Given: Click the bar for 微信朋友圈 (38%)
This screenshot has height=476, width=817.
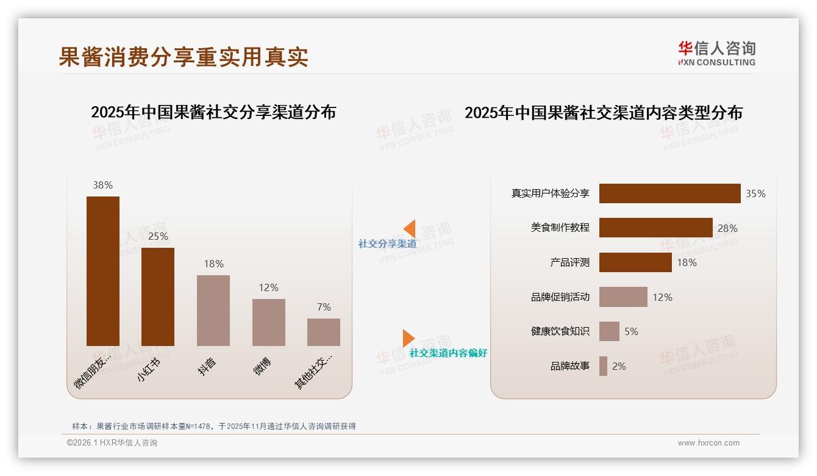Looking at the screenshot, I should [x=102, y=271].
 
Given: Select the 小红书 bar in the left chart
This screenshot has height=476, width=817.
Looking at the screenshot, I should [x=158, y=297].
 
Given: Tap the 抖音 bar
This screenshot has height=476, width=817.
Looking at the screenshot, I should [x=213, y=310].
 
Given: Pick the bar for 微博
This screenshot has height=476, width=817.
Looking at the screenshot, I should [x=269, y=322].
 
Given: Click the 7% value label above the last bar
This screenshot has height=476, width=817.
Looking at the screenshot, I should [x=324, y=307].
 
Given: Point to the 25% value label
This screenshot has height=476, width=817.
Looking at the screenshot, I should [x=158, y=236].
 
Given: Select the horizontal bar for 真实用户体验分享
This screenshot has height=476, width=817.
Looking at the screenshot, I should [x=669, y=193].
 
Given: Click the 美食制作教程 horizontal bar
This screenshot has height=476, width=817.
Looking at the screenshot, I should [x=655, y=228].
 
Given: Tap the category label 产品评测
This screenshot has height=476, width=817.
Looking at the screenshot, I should [x=569, y=262].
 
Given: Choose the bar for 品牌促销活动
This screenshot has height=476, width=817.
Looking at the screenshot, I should [x=623, y=297].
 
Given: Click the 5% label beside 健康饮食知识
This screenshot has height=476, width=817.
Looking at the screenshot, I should [x=631, y=331].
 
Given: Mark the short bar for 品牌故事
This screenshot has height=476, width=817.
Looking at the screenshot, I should [x=603, y=366].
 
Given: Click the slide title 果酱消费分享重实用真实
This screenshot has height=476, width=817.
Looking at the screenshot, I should [x=184, y=56].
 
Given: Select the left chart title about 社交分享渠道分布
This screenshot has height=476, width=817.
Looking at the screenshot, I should [x=213, y=112].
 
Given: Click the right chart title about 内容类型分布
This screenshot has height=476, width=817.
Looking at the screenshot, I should [x=604, y=113].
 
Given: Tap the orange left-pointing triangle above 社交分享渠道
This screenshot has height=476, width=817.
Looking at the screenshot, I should [x=410, y=229].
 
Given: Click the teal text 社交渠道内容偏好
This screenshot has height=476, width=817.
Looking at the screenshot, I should [x=448, y=353].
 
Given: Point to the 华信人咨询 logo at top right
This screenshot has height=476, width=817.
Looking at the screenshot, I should [x=716, y=53].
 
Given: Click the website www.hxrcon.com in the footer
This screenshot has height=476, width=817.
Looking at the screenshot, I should [x=708, y=443].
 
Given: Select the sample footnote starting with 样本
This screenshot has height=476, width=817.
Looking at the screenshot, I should [x=213, y=426].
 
